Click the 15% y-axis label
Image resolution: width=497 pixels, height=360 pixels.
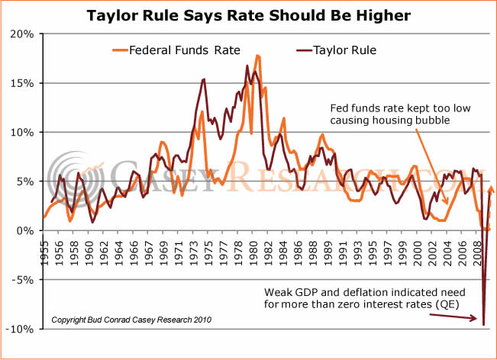(x=22, y=83)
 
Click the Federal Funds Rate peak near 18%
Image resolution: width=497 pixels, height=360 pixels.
(x=258, y=56)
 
